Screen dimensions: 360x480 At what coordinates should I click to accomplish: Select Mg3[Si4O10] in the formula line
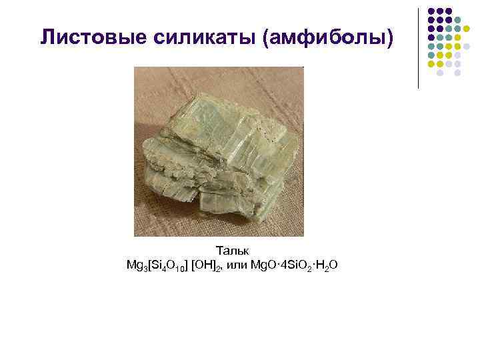(157, 266)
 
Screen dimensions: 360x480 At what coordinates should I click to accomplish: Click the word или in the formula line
(235, 266)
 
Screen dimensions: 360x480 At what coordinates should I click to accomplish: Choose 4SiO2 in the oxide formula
(293, 266)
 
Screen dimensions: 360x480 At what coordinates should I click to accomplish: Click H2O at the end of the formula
(326, 266)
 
